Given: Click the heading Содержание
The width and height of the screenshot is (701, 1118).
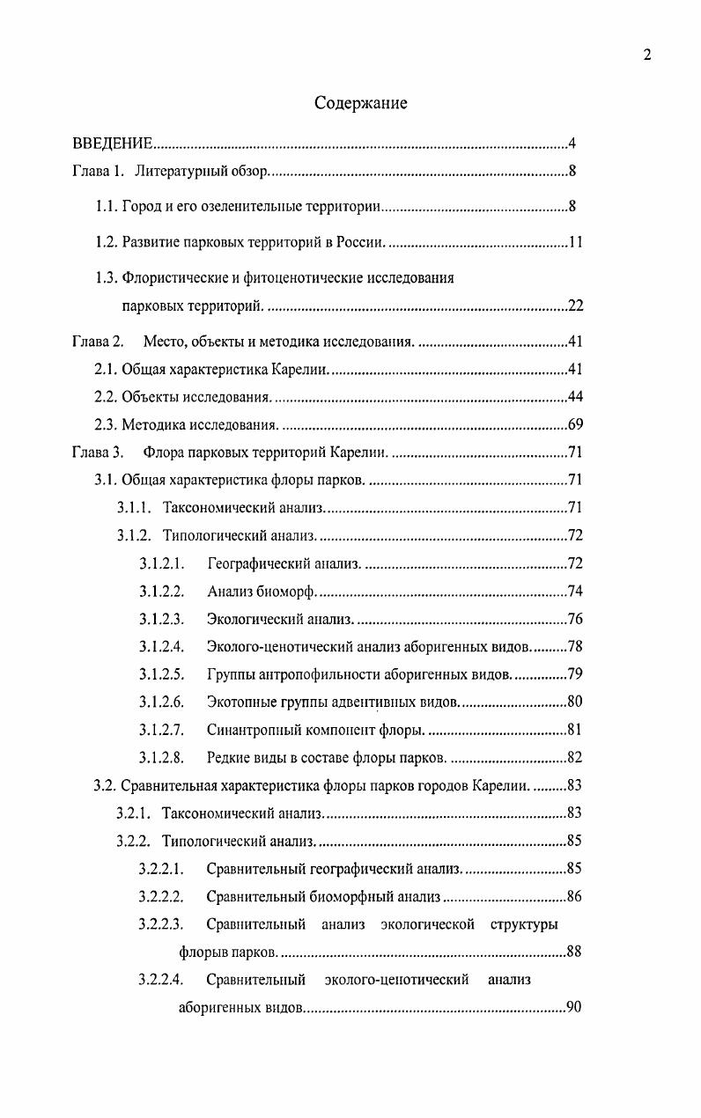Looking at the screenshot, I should click(361, 103).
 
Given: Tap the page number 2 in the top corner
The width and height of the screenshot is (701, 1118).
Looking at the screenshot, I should click(646, 55).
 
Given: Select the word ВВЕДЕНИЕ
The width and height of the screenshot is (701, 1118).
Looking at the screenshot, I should click(113, 143).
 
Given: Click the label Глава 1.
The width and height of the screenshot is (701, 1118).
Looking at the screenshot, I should click(98, 171).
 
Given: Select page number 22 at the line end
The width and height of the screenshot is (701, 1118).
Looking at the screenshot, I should click(575, 306).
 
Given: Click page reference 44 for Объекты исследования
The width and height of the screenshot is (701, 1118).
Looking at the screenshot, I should click(575, 396).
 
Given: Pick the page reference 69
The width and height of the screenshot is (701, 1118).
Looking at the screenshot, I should click(575, 425).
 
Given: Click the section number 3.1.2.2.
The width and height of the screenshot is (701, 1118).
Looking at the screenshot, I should click(161, 591).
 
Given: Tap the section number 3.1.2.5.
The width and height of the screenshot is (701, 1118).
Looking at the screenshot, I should click(161, 674).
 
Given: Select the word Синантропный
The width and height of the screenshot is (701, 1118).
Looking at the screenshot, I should click(251, 729).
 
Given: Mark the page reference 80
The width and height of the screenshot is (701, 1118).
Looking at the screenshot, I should click(575, 702).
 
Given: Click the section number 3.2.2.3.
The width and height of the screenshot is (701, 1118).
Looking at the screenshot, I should click(160, 923).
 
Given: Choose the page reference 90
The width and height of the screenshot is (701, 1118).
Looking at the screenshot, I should click(574, 1008).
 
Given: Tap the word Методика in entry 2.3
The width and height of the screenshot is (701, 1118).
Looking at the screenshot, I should click(149, 425).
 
